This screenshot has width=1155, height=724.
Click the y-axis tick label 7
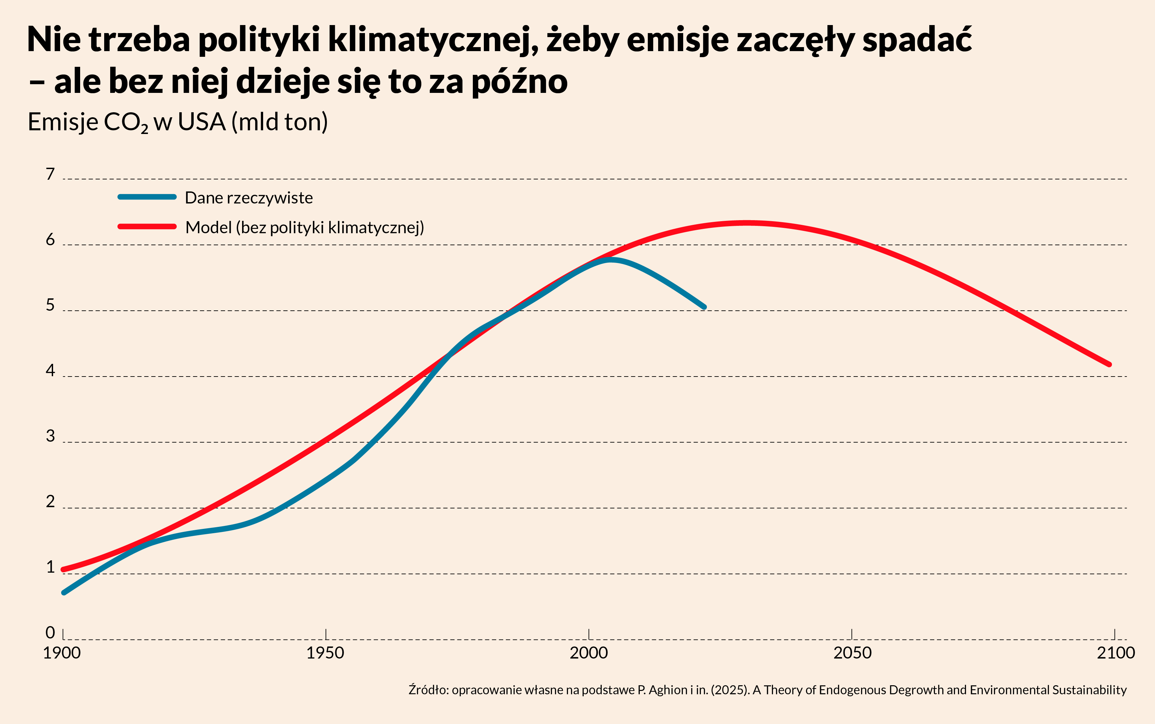tap(50, 174)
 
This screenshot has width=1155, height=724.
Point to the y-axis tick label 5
tap(50, 305)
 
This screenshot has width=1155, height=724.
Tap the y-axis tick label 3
tap(50, 436)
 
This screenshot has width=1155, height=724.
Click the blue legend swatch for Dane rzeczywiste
tap(147, 197)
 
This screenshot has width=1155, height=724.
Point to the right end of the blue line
tap(704, 307)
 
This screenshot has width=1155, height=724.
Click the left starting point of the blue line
tap(64, 593)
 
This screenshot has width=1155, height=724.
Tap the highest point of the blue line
tap(610, 260)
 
